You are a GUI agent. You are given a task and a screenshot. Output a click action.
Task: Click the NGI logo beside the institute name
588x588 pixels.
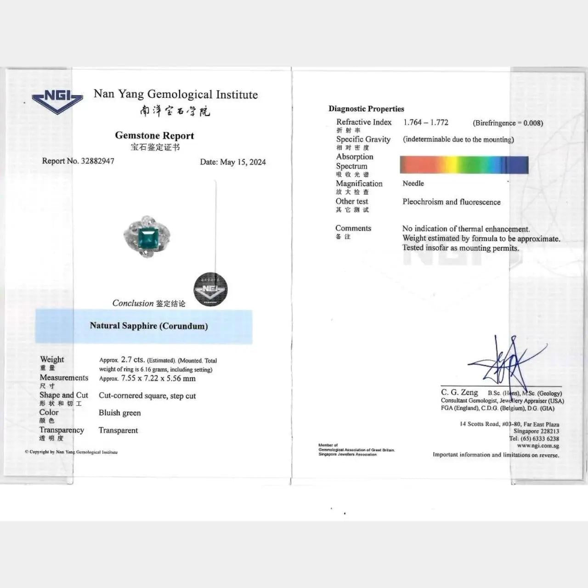57,101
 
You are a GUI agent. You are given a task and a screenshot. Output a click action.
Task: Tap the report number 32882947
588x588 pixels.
97,161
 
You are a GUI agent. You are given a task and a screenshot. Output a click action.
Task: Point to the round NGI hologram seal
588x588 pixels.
210,289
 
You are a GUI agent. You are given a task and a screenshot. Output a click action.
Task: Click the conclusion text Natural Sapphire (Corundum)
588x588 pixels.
149,326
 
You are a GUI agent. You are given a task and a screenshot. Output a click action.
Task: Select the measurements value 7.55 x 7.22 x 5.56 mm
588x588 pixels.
158,379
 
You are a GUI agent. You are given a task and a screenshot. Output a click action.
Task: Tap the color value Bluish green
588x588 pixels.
120,413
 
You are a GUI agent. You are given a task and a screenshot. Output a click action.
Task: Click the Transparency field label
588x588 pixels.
62,430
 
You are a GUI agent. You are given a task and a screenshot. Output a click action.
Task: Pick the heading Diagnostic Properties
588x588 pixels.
366,109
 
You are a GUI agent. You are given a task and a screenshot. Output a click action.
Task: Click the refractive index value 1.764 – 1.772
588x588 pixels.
426,123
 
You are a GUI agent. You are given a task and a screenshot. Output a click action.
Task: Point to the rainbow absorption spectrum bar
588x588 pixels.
464,165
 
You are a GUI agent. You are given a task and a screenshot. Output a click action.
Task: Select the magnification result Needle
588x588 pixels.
413,183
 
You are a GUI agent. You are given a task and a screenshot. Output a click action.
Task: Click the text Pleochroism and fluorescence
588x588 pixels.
452,202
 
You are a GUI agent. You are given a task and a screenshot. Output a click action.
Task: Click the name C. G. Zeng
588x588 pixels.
459,393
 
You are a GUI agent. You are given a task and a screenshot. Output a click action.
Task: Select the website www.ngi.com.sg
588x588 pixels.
538,446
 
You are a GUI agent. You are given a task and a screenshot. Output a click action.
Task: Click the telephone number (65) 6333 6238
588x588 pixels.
540,439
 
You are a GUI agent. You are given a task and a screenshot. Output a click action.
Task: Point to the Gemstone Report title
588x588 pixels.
154,136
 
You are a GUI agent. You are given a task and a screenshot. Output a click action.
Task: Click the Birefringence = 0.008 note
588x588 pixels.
508,123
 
